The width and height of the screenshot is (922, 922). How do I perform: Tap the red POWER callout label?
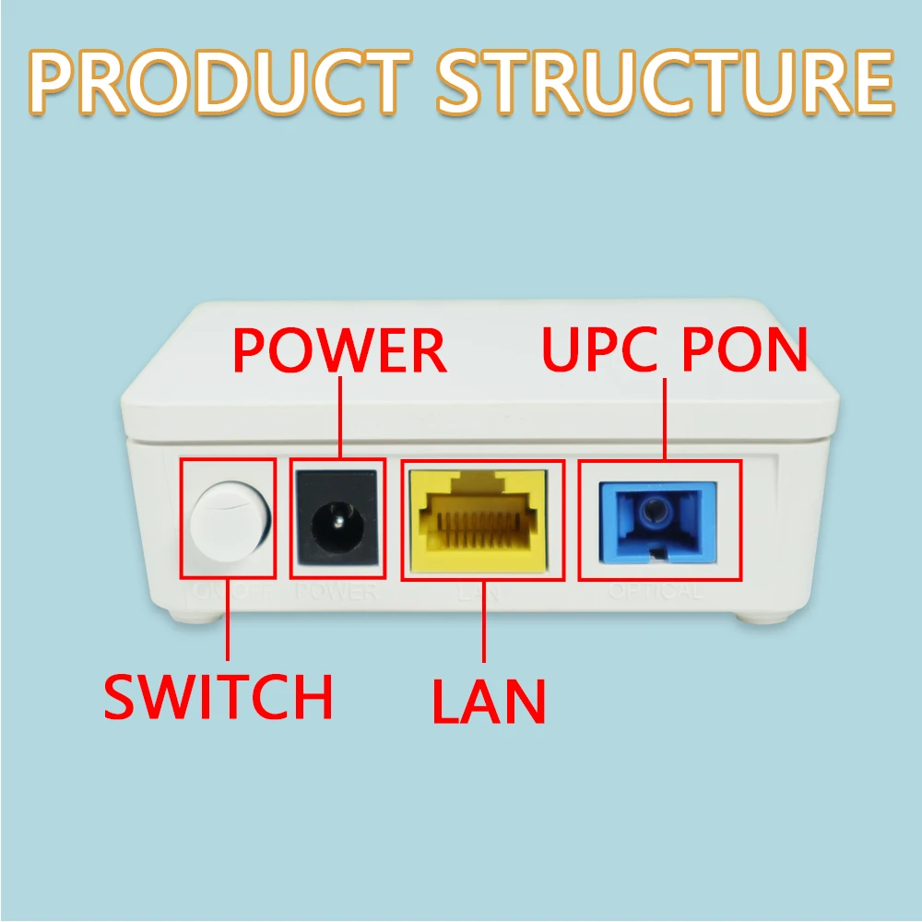coord(339,351)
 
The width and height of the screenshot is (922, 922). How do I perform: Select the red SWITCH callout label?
coord(218,697)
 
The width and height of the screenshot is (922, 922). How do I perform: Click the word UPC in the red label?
coord(598,349)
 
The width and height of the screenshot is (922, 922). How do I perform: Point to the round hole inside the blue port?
coord(656,510)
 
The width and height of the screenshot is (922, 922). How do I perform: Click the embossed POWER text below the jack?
coord(337,592)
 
